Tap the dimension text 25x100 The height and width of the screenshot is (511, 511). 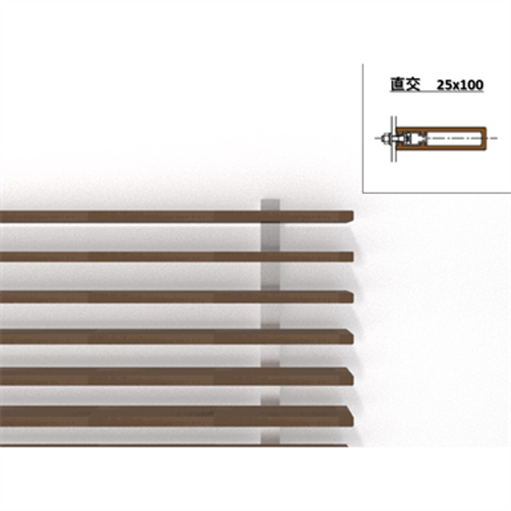click(460, 86)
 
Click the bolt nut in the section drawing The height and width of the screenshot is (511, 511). click(385, 139)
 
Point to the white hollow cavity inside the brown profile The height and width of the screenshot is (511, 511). click(454, 139)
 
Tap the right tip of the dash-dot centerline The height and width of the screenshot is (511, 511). click(497, 139)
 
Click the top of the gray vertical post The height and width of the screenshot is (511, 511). click(270, 202)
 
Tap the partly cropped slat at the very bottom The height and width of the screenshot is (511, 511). click(174, 445)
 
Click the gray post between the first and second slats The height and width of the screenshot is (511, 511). click(270, 237)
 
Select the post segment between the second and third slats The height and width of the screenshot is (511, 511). click(270, 276)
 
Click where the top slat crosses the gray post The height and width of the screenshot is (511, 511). click(270, 217)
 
